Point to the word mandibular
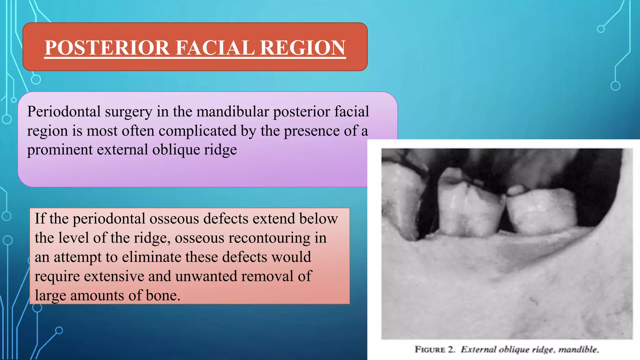coord(232,112)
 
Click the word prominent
coord(60,150)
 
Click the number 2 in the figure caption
coord(451,349)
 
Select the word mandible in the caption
coord(578,349)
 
